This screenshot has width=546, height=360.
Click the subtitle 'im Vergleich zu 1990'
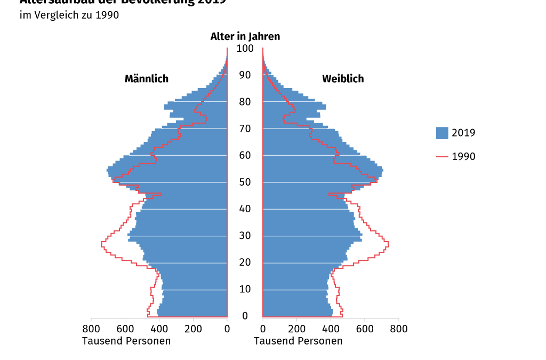point(69,15)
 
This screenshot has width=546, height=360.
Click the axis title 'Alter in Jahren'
point(245,36)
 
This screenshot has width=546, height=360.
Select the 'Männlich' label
point(147,79)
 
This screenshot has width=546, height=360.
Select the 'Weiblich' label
point(343,79)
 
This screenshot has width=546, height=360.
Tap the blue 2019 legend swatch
point(442,133)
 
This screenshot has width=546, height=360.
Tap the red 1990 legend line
point(442,157)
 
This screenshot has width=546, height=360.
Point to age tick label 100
point(245,49)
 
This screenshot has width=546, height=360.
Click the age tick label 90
point(245,75)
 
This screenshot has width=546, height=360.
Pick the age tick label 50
point(245,182)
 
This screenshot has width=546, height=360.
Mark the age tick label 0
point(245,316)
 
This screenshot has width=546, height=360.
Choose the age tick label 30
point(245,236)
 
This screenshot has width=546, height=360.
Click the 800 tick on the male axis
point(91,329)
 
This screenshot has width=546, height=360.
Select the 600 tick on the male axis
point(125,329)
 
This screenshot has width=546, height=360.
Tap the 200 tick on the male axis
point(193,329)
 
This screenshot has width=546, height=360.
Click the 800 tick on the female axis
point(399,329)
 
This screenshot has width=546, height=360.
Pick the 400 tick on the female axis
point(331,329)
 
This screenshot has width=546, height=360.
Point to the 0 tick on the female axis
point(263,329)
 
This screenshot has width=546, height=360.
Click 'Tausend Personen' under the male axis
point(126,341)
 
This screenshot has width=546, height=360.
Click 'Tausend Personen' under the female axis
point(298,341)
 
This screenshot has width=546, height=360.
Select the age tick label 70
point(245,129)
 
